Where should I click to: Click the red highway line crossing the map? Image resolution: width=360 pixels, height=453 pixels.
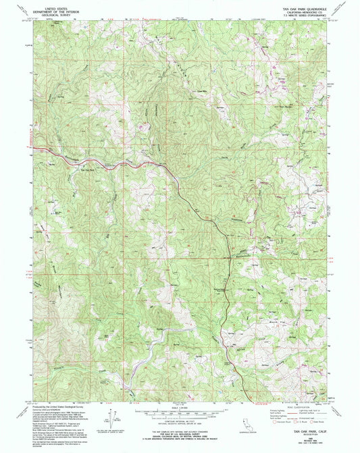tap(176, 182)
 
